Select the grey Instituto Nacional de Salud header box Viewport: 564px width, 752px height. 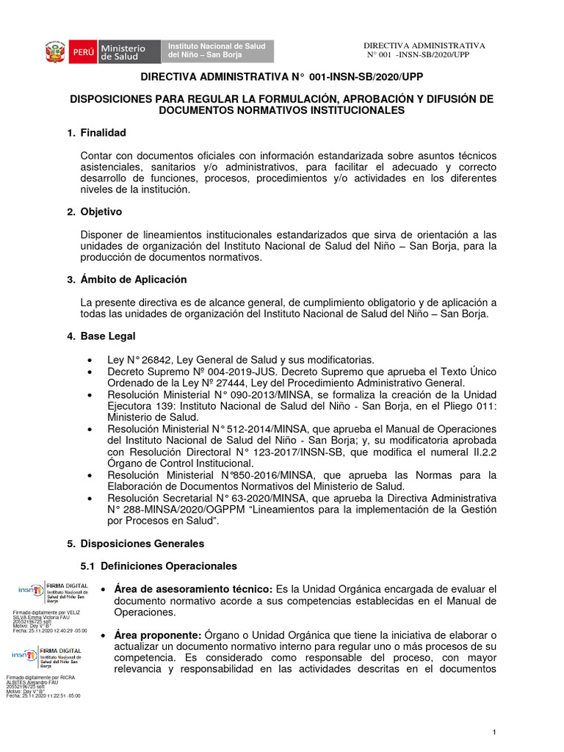[x=219, y=51]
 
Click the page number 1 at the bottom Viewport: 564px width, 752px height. [x=495, y=732]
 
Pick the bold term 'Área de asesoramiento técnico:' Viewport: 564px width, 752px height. [x=193, y=589]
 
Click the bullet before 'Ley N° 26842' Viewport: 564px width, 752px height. [x=90, y=361]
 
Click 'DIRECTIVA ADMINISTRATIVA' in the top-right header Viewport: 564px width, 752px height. [x=424, y=46]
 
